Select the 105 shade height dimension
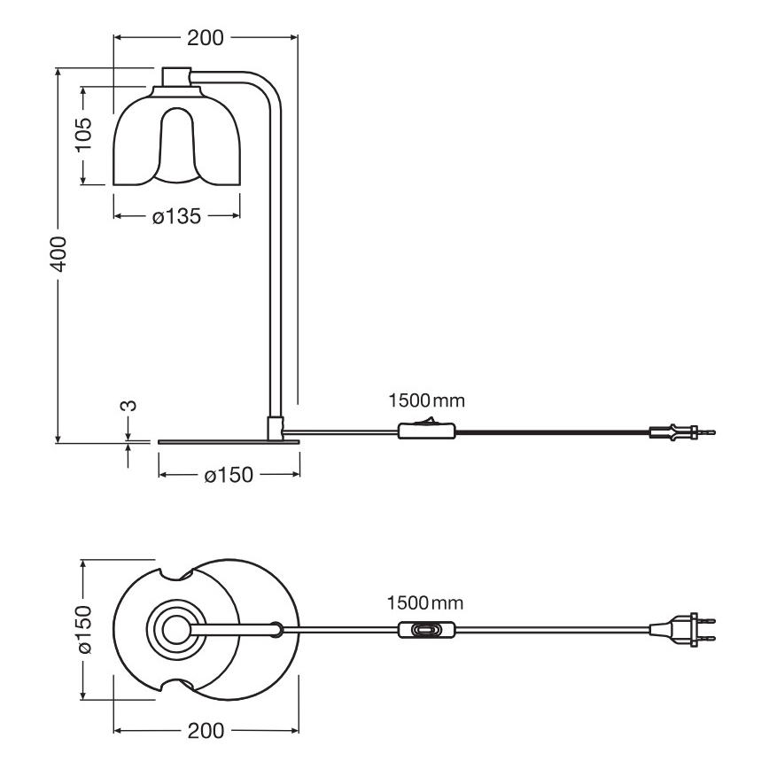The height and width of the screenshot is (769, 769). [83, 135]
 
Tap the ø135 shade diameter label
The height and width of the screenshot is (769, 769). [176, 215]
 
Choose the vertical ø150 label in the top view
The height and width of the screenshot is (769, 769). [83, 630]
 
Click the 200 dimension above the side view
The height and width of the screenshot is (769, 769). [206, 38]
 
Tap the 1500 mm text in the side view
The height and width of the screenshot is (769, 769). [425, 400]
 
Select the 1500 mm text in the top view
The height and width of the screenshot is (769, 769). [425, 602]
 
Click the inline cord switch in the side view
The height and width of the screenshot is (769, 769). [428, 431]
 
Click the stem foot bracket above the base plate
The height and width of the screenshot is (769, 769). [276, 426]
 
